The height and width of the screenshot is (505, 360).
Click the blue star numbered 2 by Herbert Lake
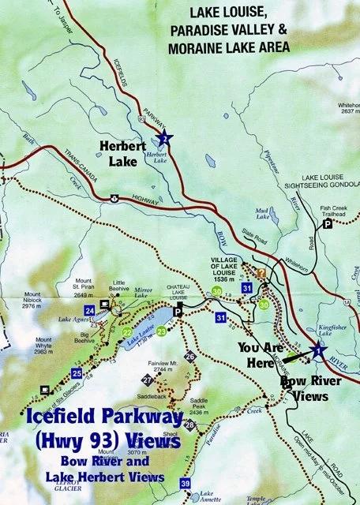163,139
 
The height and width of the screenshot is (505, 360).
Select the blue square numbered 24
90,310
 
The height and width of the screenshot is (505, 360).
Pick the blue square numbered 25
77,373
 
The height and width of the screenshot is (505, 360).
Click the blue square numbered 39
185,483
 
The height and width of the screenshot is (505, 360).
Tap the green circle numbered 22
128,332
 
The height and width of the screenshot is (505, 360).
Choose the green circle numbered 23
161,331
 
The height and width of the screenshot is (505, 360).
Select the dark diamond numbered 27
148,381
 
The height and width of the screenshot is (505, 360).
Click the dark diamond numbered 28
189,425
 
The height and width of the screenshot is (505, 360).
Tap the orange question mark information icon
261,274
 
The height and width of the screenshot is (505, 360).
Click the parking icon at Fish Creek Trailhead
327,224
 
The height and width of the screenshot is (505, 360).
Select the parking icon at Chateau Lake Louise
178,311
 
